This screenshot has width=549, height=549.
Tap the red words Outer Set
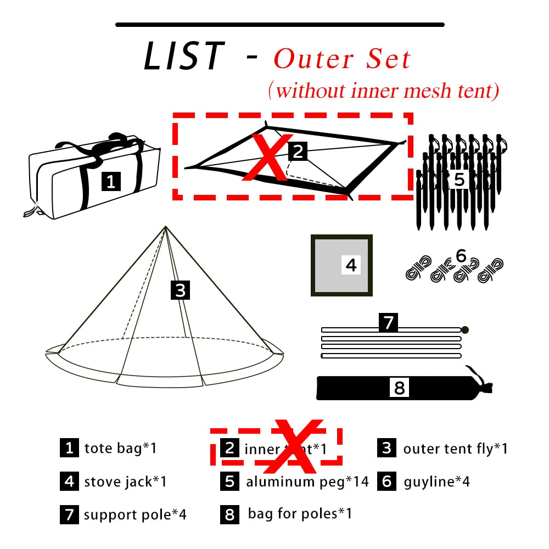342,59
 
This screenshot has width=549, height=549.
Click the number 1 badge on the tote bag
111,181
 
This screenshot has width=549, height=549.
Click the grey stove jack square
341,266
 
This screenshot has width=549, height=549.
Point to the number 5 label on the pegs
460,179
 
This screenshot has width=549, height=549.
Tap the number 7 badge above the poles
388,322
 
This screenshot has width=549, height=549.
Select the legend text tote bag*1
121,448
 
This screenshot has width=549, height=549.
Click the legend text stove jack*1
125,482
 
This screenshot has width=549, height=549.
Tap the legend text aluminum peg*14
307,482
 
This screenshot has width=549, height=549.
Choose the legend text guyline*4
437,482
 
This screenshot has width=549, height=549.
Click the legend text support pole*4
135,515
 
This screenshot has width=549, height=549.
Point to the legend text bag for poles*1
300,514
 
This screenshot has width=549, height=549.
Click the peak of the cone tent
165,227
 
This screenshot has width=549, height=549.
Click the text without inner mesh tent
384,91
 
